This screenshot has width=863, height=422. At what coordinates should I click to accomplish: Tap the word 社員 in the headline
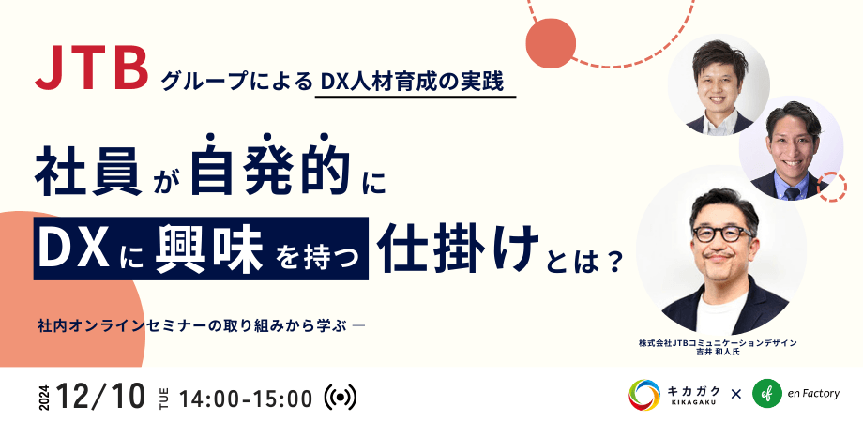(88, 171)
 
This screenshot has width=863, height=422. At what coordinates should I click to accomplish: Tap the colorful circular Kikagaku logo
(643, 394)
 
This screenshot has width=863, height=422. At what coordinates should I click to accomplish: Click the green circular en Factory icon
(767, 394)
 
